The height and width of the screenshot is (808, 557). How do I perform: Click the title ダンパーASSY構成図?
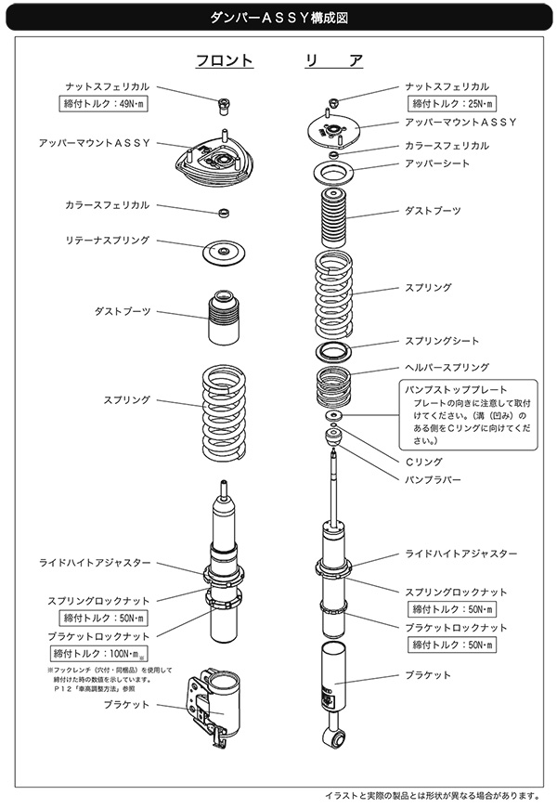[x=278, y=17]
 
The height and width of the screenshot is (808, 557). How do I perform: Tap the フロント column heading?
[x=224, y=60]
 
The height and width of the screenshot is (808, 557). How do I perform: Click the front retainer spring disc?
[x=223, y=251]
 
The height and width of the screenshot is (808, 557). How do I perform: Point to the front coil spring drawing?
[x=223, y=411]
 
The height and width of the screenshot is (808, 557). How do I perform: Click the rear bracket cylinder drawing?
[x=333, y=678]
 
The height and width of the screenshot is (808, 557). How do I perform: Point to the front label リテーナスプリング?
[x=108, y=240]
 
